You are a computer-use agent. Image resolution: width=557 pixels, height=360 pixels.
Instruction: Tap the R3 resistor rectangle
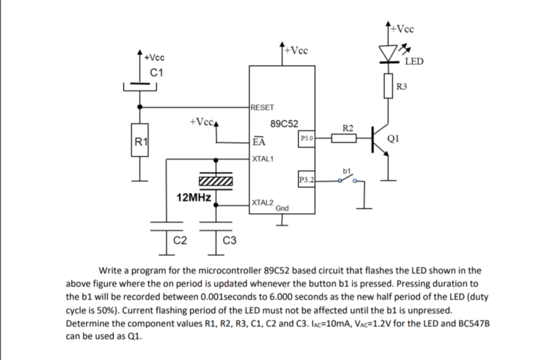click(x=389, y=86)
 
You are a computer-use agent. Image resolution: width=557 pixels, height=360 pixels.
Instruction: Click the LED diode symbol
click(x=389, y=54)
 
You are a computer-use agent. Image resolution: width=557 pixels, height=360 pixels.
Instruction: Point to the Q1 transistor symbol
click(x=380, y=139)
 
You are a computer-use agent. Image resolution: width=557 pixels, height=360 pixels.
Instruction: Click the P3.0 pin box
click(x=306, y=138)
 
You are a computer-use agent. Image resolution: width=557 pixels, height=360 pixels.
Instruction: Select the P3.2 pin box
click(x=306, y=179)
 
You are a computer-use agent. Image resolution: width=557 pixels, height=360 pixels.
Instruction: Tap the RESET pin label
click(x=263, y=108)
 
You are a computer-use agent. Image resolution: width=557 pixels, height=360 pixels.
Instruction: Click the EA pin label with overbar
click(x=259, y=142)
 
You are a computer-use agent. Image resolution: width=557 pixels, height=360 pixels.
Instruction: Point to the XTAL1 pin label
click(x=263, y=160)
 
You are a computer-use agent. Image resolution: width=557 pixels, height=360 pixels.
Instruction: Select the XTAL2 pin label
click(x=263, y=202)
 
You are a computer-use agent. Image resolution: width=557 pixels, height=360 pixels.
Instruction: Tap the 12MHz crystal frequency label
click(x=194, y=197)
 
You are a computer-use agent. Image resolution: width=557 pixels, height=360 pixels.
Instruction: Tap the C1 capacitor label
click(x=157, y=72)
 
